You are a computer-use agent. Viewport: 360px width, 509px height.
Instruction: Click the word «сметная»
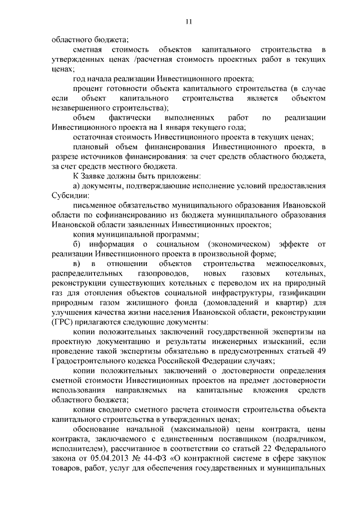tap(86, 50)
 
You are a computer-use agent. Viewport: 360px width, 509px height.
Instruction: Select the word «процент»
tap(87, 89)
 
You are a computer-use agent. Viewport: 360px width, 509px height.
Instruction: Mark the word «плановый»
tap(89, 147)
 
